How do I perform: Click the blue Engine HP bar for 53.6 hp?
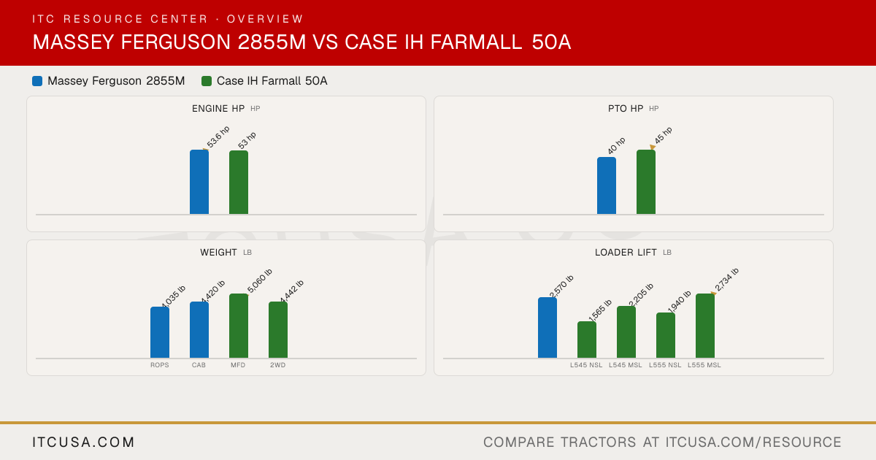tap(199, 182)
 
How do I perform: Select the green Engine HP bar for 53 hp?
tap(239, 183)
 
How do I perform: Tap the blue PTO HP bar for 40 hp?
tap(607, 185)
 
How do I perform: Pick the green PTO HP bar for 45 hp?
tap(646, 182)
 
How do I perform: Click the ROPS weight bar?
tap(160, 332)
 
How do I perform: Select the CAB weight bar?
tap(199, 330)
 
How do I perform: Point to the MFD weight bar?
tap(239, 326)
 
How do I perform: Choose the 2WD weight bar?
tap(278, 330)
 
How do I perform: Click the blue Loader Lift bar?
tap(547, 327)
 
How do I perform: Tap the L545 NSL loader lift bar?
tap(587, 340)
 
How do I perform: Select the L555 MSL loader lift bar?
tap(705, 326)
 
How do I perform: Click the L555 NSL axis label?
tap(665, 365)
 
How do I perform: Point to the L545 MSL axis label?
tap(626, 365)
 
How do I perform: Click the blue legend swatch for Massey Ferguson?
tap(37, 81)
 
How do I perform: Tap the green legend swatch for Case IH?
tap(207, 81)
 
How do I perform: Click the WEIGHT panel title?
tap(218, 253)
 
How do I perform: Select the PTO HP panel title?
tap(626, 108)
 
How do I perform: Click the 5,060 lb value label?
tap(260, 281)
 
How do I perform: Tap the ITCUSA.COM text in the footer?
tap(83, 442)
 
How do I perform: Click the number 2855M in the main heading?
tap(272, 42)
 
